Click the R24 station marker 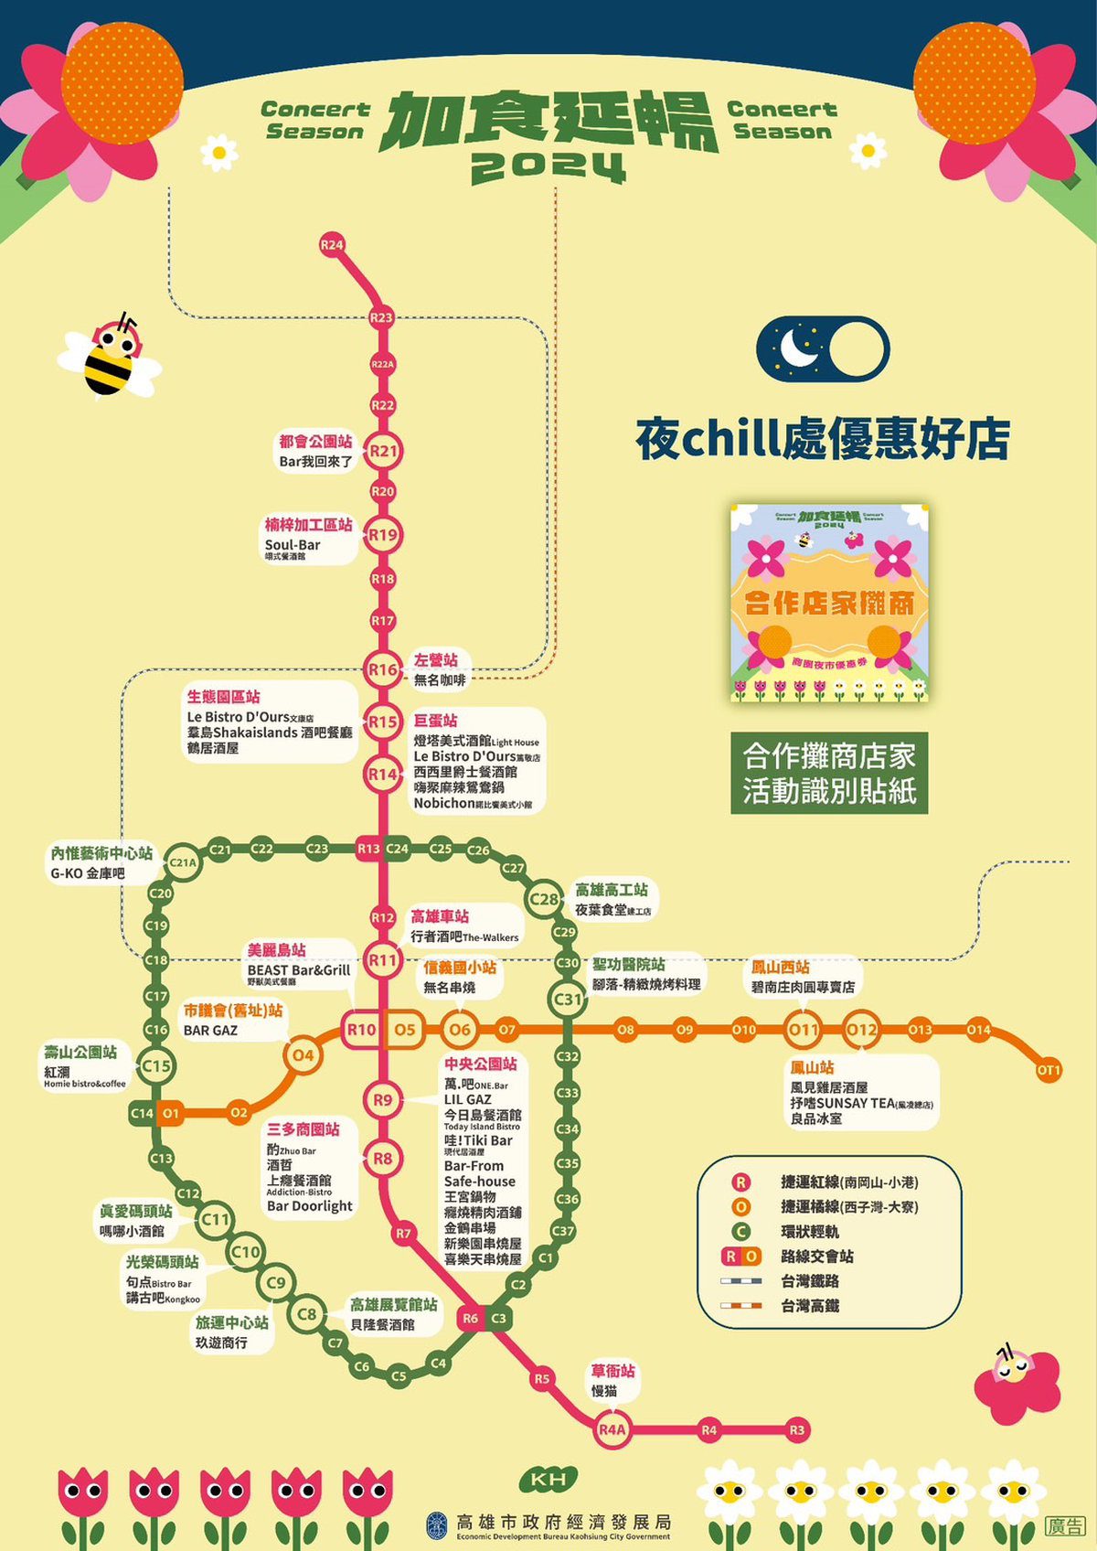pyautogui.click(x=332, y=244)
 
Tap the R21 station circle pyautogui.click(x=384, y=451)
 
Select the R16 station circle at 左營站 pyautogui.click(x=383, y=669)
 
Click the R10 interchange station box pyautogui.click(x=361, y=1030)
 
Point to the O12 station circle pyautogui.click(x=861, y=1030)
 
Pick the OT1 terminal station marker pyautogui.click(x=1049, y=1070)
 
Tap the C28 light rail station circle pyautogui.click(x=544, y=899)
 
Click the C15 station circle pyautogui.click(x=156, y=1065)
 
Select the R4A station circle pyautogui.click(x=612, y=1429)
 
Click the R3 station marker pyautogui.click(x=797, y=1429)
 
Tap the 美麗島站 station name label pyautogui.click(x=277, y=950)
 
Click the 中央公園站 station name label pyautogui.click(x=481, y=1064)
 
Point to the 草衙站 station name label pyautogui.click(x=612, y=1371)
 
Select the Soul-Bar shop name pyautogui.click(x=293, y=545)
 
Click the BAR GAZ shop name pyautogui.click(x=210, y=1031)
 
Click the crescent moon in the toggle pyautogui.click(x=797, y=348)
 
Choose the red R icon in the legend pyautogui.click(x=740, y=1182)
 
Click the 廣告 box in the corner pyautogui.click(x=1065, y=1525)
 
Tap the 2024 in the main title pyautogui.click(x=548, y=166)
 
